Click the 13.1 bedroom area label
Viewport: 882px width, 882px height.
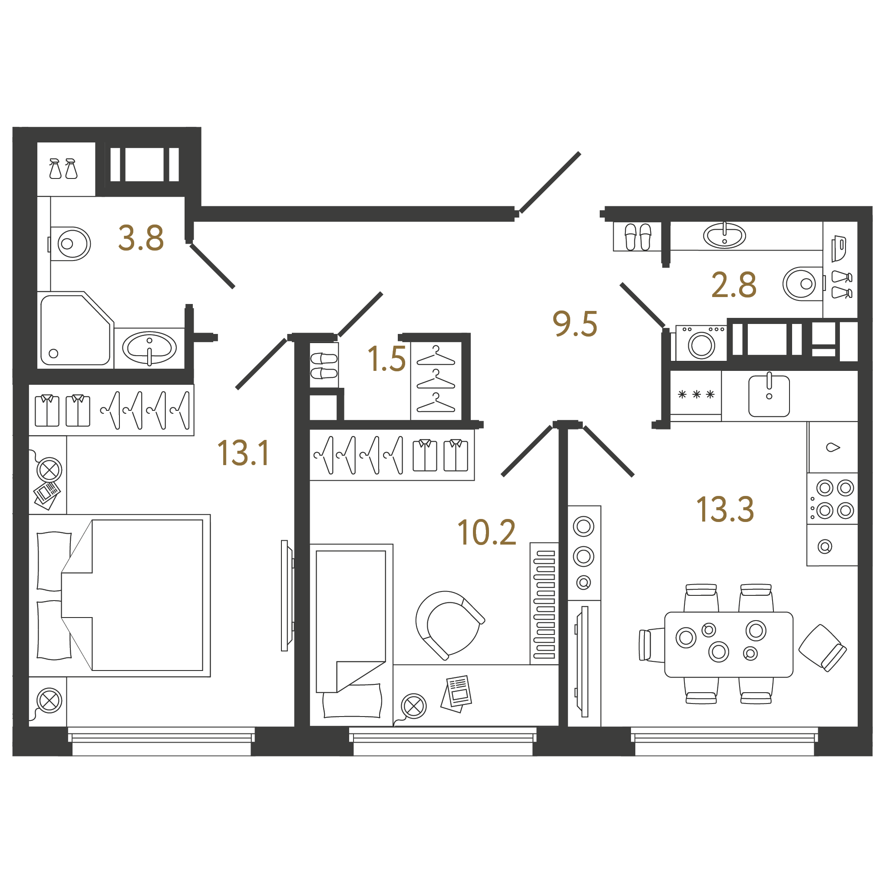point(244,453)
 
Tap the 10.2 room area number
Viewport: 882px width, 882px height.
point(487,532)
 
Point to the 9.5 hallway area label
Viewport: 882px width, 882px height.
point(575,324)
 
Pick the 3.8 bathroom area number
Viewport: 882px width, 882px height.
point(141,238)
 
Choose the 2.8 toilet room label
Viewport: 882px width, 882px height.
point(733,285)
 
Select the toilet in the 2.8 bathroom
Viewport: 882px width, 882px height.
point(804,284)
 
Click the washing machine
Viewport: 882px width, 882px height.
point(701,343)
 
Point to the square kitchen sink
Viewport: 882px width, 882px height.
point(769,395)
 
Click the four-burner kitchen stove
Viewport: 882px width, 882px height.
point(832,499)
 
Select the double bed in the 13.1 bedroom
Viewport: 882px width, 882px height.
point(119,595)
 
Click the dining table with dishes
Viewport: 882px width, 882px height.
point(729,644)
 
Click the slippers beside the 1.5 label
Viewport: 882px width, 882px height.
point(324,366)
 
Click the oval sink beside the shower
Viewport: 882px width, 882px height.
point(149,348)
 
